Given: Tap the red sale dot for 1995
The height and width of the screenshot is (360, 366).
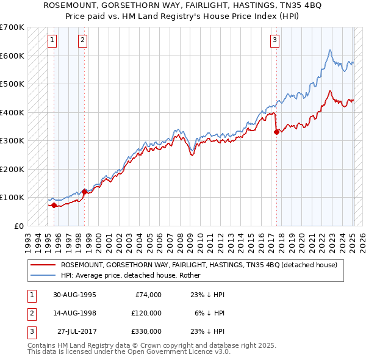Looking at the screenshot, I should [x=54, y=205].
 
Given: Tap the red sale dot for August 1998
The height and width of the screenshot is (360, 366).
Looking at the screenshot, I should [x=84, y=192].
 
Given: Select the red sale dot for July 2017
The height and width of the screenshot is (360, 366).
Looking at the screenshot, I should [x=276, y=132].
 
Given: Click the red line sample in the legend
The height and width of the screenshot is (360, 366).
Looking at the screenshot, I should [x=42, y=265].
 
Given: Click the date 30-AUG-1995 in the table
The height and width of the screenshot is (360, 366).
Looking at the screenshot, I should [x=75, y=295].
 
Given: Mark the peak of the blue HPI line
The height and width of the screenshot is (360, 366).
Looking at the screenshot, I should [x=330, y=50].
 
